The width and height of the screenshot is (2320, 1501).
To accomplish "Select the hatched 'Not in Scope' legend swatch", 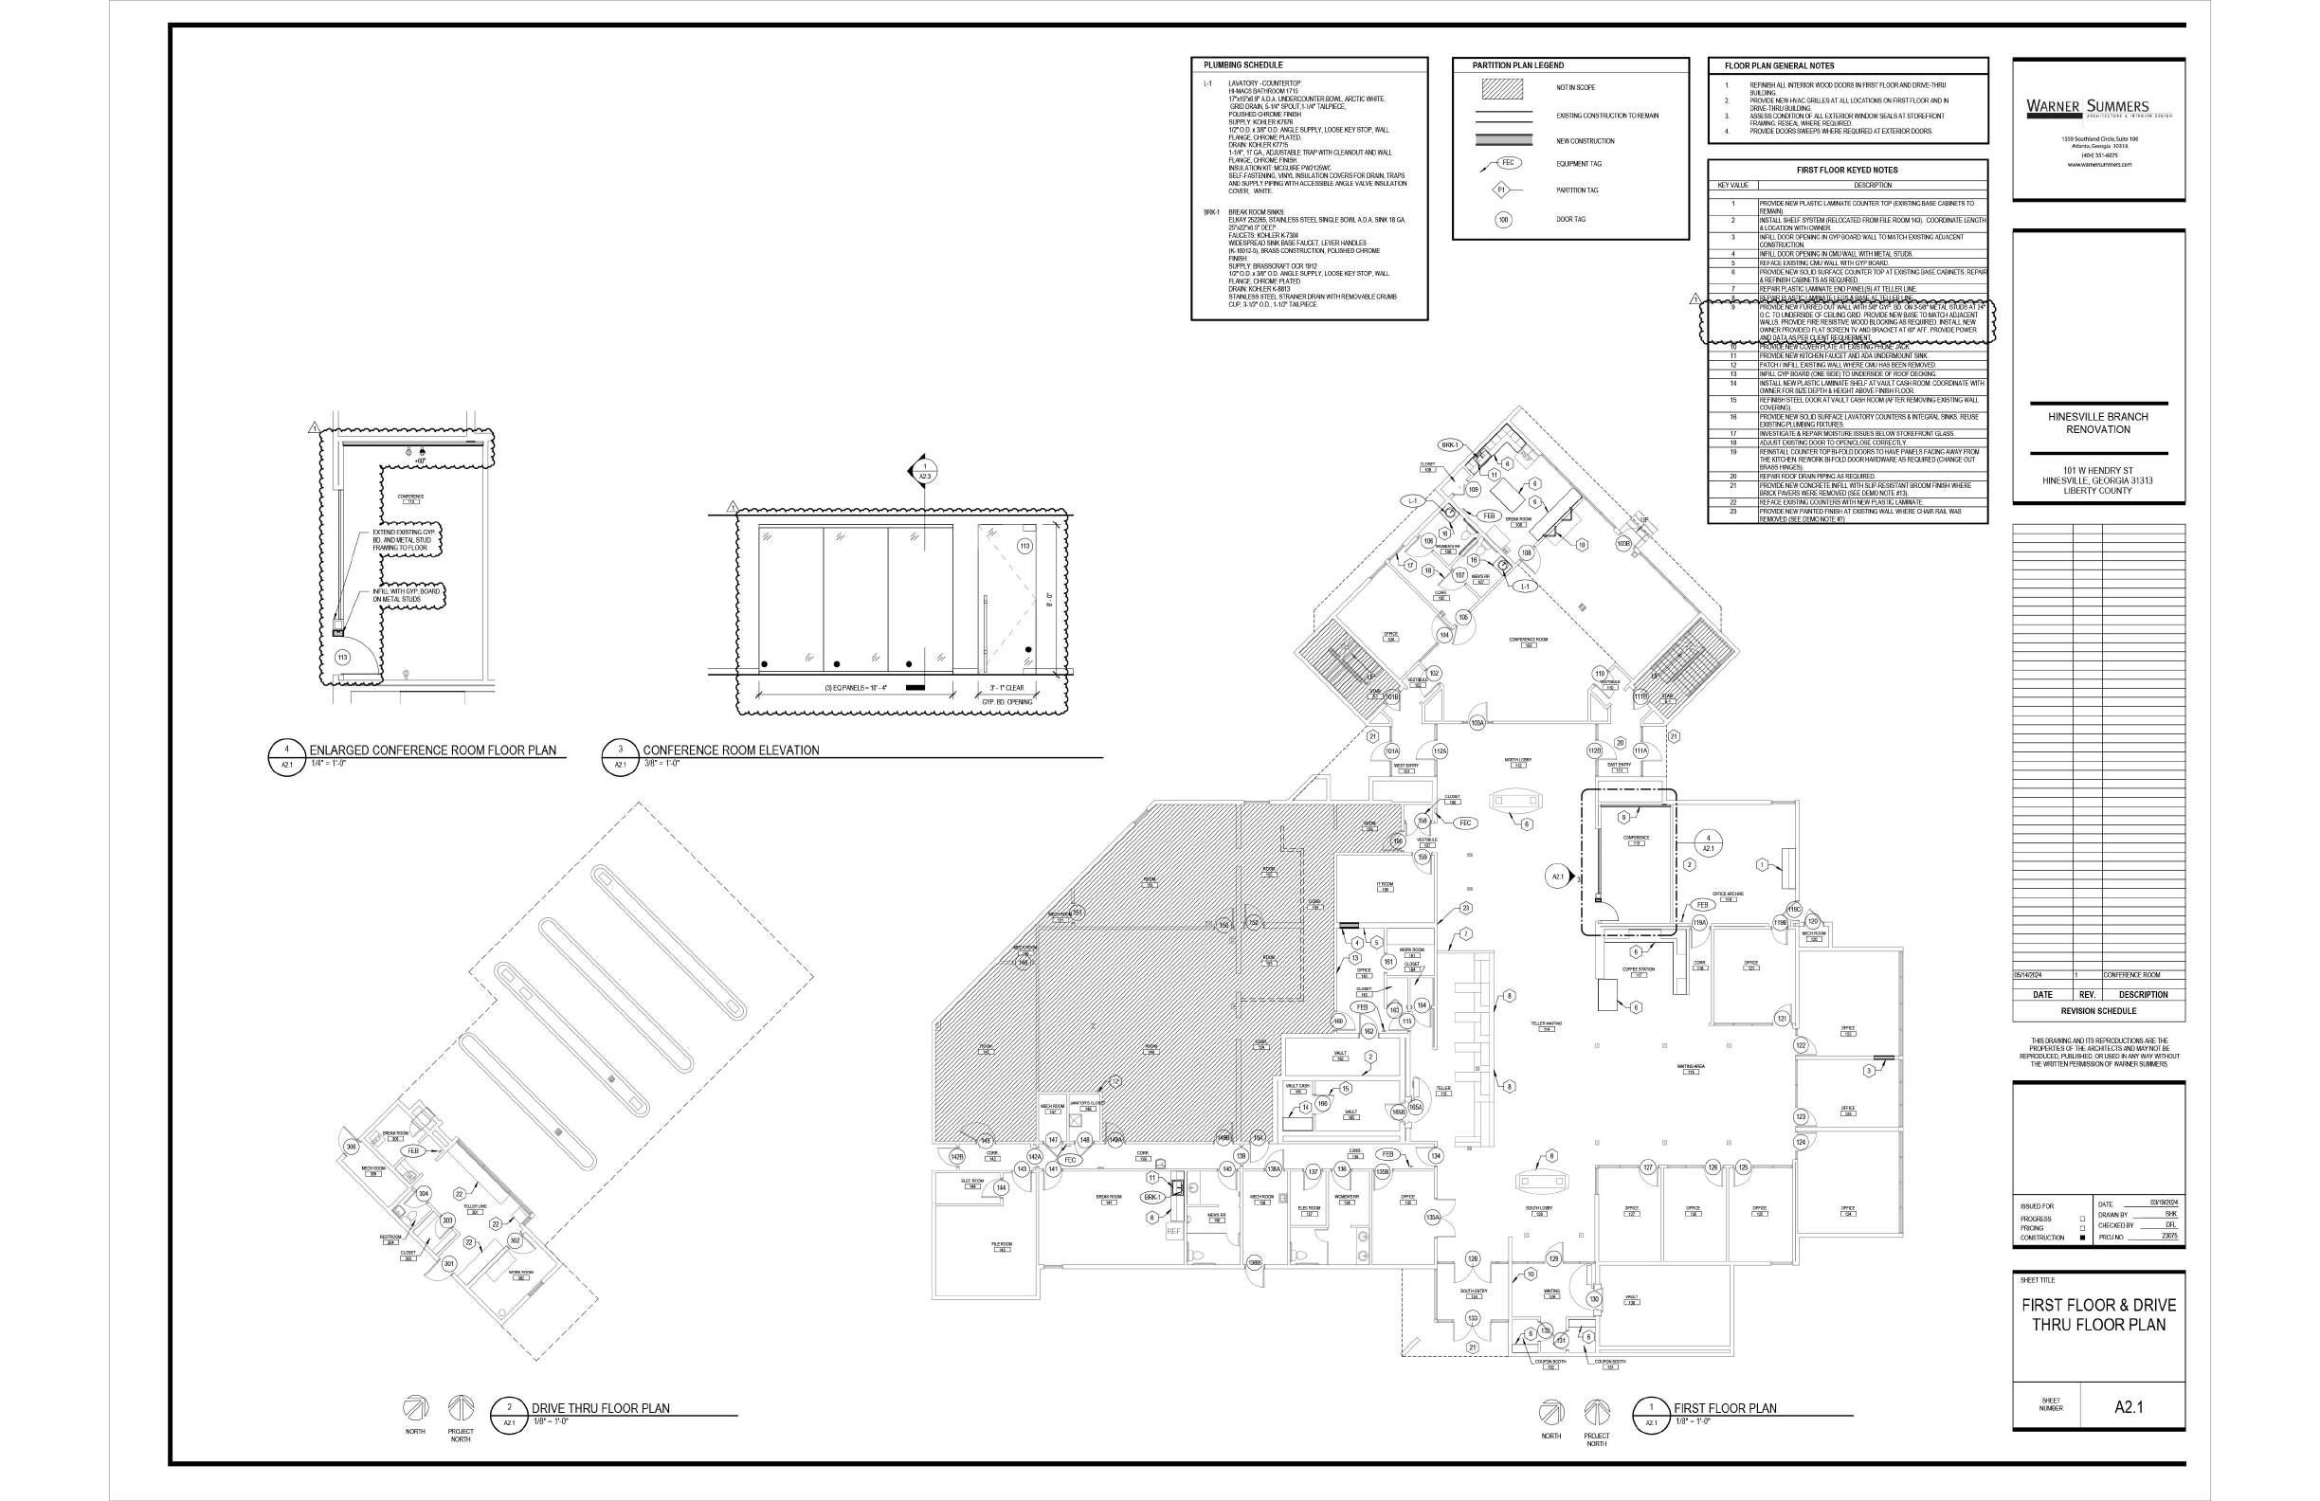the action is click(1501, 88).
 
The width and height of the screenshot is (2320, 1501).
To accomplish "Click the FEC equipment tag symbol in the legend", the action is click(1507, 163).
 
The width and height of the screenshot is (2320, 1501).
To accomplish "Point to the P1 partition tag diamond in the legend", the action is click(1502, 190).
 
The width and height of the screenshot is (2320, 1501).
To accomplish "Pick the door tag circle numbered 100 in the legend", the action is click(1503, 220).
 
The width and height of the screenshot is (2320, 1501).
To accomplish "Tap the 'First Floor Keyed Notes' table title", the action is click(1846, 170).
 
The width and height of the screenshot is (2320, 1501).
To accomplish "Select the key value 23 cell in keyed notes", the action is click(1732, 512).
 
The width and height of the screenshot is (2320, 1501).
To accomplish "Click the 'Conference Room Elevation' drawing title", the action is click(730, 750).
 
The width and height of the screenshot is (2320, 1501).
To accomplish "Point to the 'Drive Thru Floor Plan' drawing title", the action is click(600, 1408).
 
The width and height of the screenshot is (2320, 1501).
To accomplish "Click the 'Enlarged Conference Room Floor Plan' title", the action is click(433, 750).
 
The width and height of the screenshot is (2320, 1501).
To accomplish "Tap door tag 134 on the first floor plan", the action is click(1435, 1156).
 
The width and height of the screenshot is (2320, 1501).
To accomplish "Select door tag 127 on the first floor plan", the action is click(1648, 1166).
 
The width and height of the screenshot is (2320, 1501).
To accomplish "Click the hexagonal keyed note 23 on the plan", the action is click(1465, 909).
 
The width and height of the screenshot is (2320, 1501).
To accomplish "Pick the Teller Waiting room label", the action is click(1546, 1024).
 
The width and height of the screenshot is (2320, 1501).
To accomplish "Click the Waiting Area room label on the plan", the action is click(1691, 1067).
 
